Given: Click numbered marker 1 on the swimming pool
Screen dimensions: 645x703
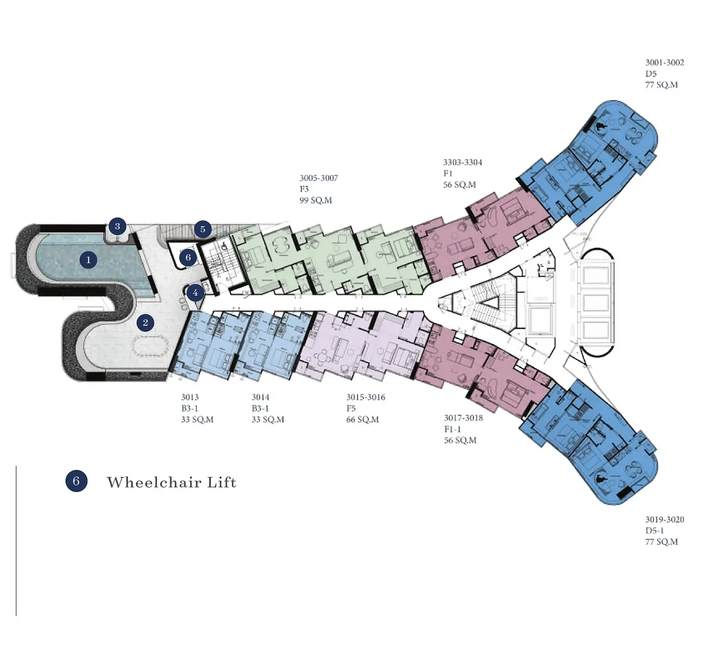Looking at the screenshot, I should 88,259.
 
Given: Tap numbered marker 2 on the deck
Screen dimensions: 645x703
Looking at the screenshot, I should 146,322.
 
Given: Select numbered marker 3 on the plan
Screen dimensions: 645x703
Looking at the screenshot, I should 117,226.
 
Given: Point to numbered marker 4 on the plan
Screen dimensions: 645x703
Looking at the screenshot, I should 195,293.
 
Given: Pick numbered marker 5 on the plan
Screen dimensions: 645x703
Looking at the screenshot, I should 203,229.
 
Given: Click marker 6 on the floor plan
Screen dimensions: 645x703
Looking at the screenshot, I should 188,257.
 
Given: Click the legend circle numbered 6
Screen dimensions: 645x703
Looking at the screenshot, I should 76,481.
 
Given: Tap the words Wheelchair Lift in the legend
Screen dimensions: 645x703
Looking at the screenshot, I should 171,482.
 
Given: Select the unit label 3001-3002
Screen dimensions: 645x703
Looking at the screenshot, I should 665,63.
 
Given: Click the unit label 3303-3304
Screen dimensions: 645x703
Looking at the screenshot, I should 462,162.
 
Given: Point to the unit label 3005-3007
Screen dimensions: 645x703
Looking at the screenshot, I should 319,178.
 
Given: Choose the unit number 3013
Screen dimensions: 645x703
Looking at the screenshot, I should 190,397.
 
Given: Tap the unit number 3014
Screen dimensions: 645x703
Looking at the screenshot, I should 260,397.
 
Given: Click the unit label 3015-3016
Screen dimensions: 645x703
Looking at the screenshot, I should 365,397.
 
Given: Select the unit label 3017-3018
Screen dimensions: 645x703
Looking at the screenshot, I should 464,418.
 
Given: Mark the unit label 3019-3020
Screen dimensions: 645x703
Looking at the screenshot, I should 665,519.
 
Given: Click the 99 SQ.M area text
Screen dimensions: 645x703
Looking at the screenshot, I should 316,201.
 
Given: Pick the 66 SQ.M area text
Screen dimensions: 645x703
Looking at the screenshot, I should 362,420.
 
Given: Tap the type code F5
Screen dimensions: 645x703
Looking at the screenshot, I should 351,408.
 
